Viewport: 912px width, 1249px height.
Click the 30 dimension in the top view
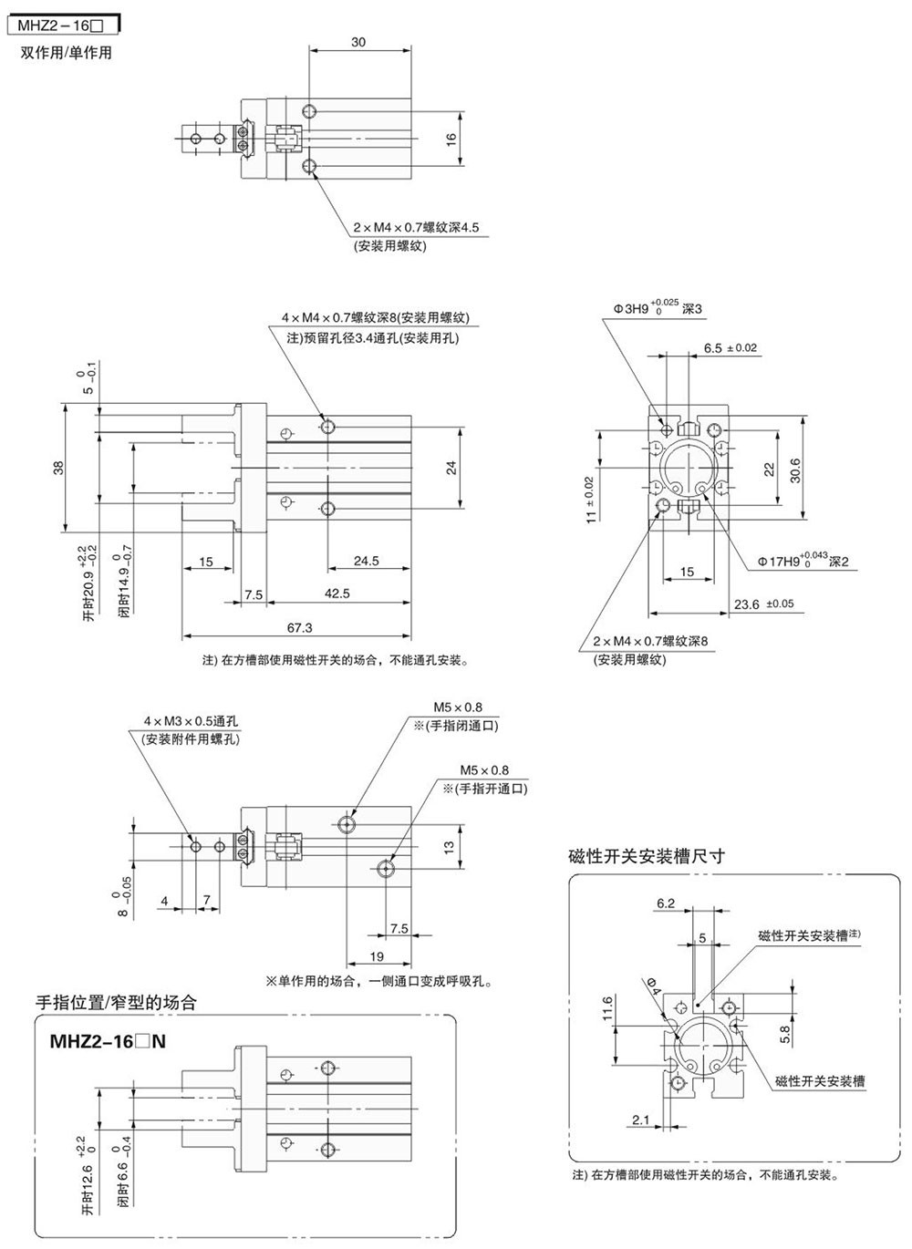[358, 42]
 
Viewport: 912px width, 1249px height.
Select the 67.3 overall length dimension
[298, 627]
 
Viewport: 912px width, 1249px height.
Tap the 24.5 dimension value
[366, 561]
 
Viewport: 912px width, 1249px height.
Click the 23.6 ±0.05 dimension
[763, 604]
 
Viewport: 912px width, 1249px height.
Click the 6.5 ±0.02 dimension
[731, 347]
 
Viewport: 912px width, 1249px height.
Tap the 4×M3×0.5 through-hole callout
[191, 721]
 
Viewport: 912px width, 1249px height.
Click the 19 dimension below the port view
[377, 956]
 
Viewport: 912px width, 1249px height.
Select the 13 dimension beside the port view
[449, 847]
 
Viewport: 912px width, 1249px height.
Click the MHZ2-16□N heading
[100, 1041]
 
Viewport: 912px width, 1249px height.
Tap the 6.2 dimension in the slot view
[665, 903]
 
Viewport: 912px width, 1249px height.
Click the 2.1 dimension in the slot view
[640, 1120]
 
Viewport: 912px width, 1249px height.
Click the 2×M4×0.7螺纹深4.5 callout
[416, 227]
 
